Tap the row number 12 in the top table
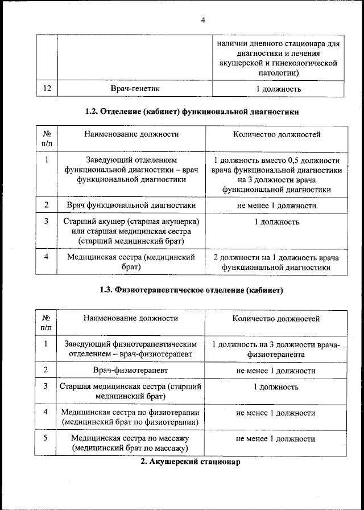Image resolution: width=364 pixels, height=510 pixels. pos(47,89)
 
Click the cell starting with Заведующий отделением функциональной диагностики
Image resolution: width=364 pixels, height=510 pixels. pos(131,170)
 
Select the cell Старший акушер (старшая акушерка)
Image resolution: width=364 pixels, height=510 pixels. pos(131,232)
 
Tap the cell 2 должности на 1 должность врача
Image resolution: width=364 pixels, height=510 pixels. pos(276,262)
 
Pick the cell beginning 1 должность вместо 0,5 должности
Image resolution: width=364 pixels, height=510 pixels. pos(276,175)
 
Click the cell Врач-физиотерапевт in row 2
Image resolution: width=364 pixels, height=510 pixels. pos(131,371)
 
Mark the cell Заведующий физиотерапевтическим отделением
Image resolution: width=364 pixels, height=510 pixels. pos(131,349)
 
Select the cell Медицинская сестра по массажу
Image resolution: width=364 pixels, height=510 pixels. pos(131,443)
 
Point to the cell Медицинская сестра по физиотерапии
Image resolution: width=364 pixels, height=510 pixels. pos(131,417)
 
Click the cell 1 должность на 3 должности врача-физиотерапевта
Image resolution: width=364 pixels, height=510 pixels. pos(276,349)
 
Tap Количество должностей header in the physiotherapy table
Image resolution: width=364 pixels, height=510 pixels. pos(276,319)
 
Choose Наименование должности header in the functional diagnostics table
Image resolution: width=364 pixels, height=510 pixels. pos(131,134)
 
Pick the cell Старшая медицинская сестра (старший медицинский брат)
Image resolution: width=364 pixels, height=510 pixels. pos(131,392)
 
